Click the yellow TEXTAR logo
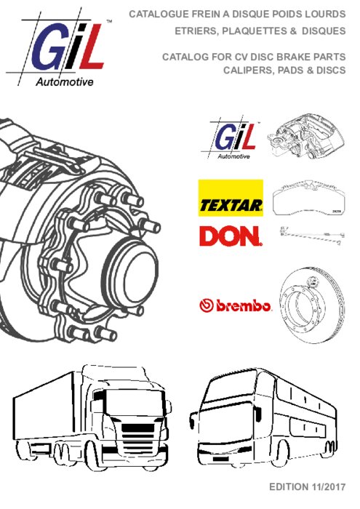click(231, 198)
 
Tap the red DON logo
click(231, 236)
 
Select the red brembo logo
click(235, 305)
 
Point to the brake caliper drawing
click(305, 138)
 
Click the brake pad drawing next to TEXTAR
click(308, 197)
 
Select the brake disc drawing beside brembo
click(311, 305)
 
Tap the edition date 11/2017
click(328, 487)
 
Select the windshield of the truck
click(134, 402)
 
